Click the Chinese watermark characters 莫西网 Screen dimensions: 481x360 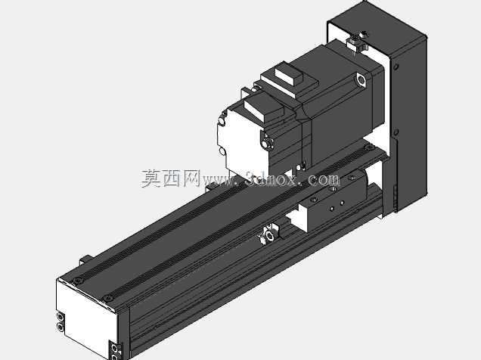point(170,178)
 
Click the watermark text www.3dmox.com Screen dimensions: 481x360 point(271,179)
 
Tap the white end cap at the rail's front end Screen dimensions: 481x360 point(86,317)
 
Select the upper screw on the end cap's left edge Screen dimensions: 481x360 point(61,317)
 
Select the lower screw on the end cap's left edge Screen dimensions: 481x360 point(61,327)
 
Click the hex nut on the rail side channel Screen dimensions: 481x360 point(270,236)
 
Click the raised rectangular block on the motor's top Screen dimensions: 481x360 point(289,75)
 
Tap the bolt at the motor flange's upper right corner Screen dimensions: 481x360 point(361,79)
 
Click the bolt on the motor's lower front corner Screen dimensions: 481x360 point(268,143)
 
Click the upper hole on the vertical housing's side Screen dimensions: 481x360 point(396,67)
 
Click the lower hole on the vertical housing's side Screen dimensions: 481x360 point(396,132)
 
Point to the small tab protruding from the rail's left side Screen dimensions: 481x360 point(85,259)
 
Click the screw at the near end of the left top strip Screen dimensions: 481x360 point(78,281)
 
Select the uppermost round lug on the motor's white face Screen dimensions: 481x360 point(222,120)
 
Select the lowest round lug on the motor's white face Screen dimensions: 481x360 point(222,151)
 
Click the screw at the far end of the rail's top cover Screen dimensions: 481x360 point(370,147)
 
